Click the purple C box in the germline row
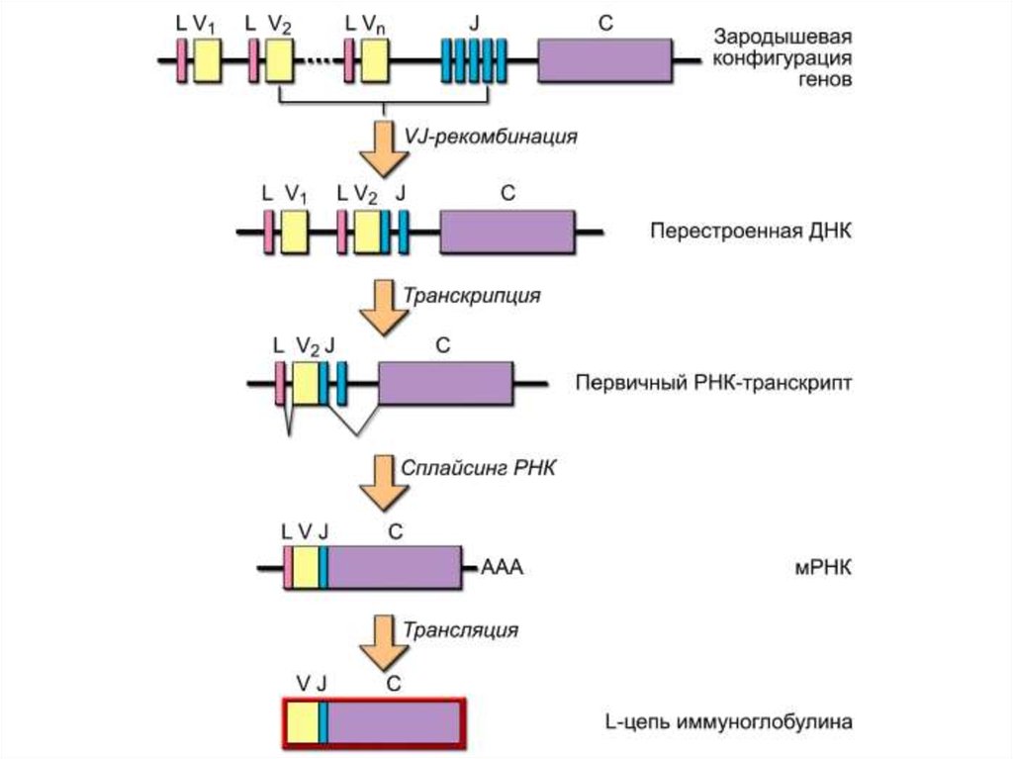[x=604, y=61]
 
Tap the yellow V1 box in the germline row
[x=206, y=61]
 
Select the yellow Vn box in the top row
[x=374, y=61]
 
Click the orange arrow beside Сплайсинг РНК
[x=381, y=478]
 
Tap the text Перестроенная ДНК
[x=751, y=232]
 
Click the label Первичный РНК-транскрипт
[x=713, y=384]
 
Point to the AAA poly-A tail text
[x=501, y=570]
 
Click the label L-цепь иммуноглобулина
[x=727, y=722]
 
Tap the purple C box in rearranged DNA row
[x=506, y=233]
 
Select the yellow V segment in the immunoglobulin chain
[x=304, y=722]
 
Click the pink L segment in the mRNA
[x=288, y=568]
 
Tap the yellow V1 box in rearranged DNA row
[x=294, y=233]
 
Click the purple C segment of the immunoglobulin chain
[x=395, y=722]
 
